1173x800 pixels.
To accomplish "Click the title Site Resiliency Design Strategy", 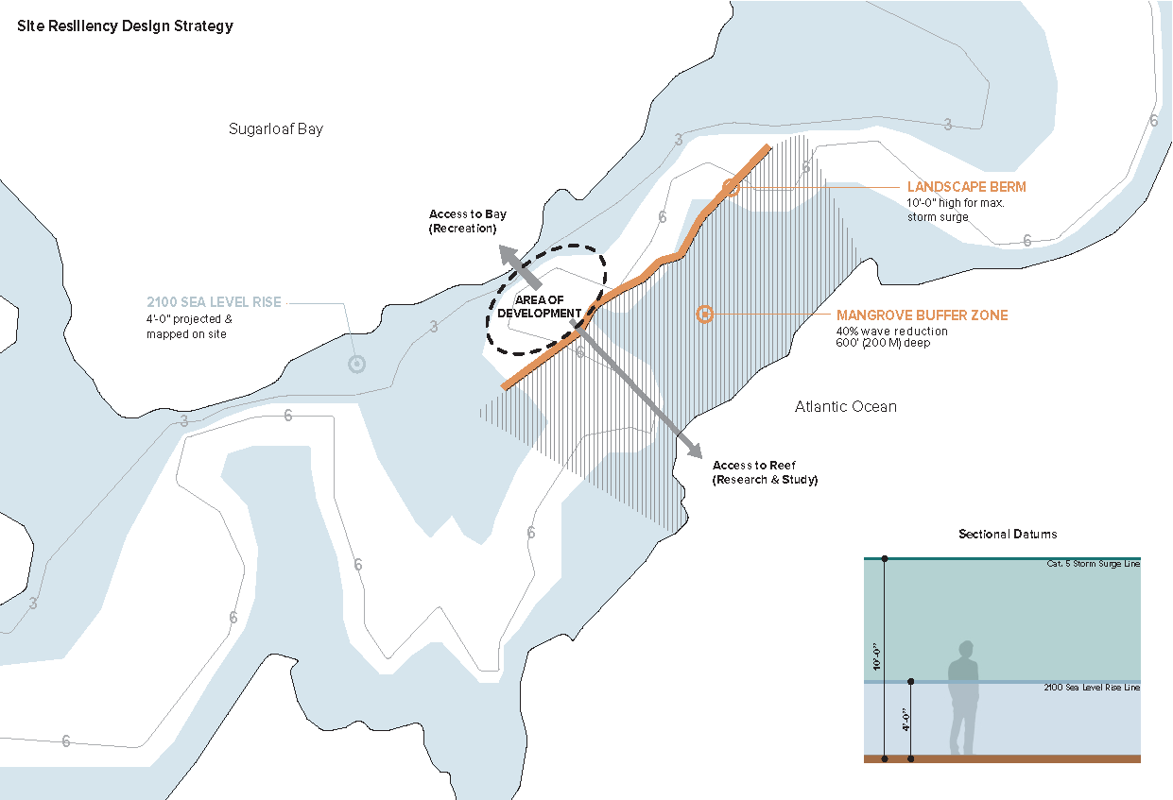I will (x=125, y=26).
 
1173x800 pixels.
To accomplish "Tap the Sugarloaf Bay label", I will (x=276, y=128).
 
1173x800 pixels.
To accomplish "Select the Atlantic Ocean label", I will (x=845, y=406).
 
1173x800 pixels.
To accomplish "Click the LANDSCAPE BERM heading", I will (x=966, y=187).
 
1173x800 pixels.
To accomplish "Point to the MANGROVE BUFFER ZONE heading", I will (x=922, y=315).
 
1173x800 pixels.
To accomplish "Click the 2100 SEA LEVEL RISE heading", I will (x=214, y=302).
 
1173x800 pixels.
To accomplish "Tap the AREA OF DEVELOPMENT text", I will (x=540, y=306).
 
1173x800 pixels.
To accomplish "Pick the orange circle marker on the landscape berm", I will (x=730, y=187).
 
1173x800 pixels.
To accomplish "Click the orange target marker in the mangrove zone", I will (x=703, y=315).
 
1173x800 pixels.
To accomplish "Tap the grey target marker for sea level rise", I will (x=356, y=364).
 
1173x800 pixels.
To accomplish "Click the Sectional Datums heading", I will (x=1008, y=535).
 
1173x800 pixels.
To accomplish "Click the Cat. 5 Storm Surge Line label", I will (x=1093, y=564).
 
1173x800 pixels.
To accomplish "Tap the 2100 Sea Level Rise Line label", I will (x=1092, y=688).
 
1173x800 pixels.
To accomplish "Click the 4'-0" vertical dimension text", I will (x=905, y=721).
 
